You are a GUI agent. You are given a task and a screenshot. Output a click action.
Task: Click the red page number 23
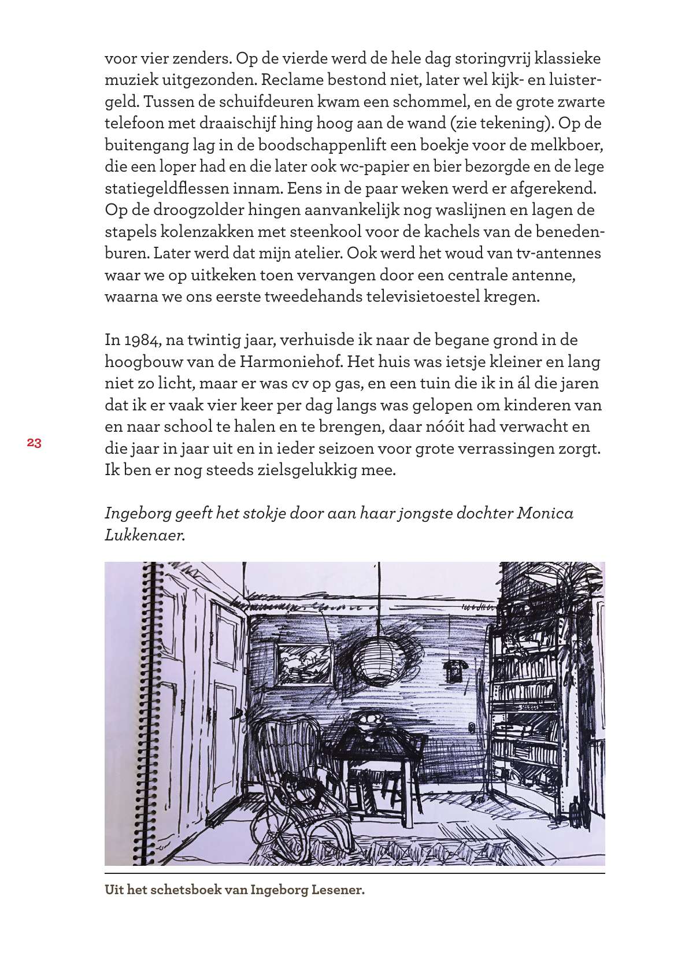(x=34, y=443)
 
